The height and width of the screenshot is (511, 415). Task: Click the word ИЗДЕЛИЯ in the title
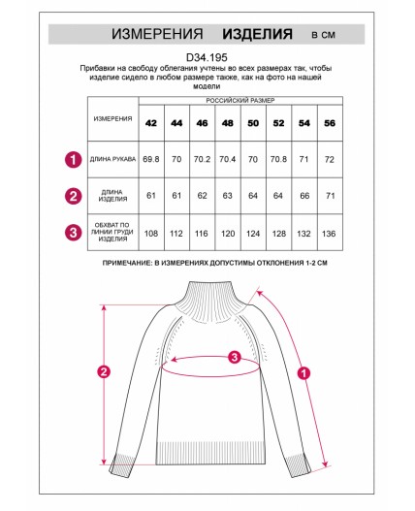click(257, 34)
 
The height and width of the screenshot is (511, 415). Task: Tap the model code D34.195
click(207, 57)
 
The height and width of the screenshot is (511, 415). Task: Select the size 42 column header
click(151, 123)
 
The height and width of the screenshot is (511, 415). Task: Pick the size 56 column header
click(330, 123)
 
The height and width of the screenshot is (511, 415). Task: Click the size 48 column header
click(228, 123)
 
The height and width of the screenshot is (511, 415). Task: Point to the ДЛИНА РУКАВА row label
click(112, 159)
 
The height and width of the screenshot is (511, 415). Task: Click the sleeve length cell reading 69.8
click(151, 159)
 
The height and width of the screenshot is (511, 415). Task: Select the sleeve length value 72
click(330, 159)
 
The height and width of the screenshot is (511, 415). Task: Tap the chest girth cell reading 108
click(151, 234)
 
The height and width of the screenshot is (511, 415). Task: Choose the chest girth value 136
click(329, 234)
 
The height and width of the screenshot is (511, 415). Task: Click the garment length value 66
click(304, 196)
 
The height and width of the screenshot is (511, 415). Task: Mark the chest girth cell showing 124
click(253, 234)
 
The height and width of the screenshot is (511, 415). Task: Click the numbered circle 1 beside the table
click(74, 160)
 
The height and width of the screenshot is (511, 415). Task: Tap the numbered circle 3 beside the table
click(74, 233)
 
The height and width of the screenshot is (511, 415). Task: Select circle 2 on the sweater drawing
click(104, 371)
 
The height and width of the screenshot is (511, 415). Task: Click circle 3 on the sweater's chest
click(235, 357)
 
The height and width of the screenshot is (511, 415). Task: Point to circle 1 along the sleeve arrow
click(303, 373)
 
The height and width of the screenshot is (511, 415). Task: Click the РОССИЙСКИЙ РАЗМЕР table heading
click(240, 101)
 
